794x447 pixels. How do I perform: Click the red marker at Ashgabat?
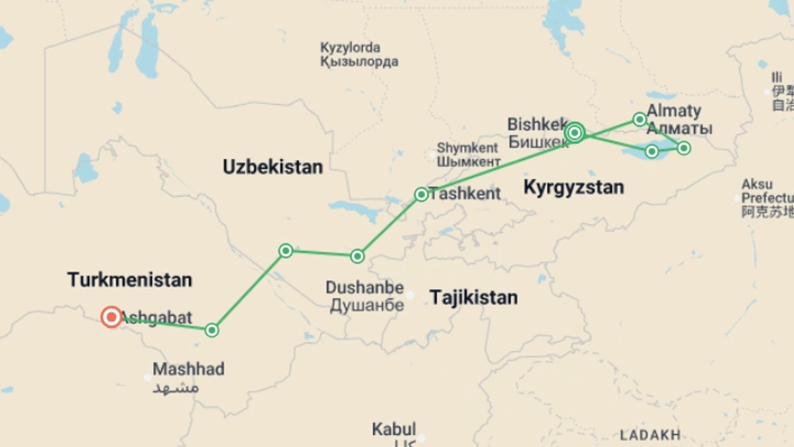tap(111, 317)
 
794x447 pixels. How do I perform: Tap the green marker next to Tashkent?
tap(421, 195)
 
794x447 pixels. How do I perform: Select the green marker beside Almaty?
tap(640, 120)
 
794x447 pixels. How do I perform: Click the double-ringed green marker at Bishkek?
tap(575, 133)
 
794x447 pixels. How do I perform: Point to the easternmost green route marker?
tap(684, 148)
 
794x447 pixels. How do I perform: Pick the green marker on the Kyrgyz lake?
tap(652, 151)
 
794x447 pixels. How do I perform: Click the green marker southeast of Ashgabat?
tap(212, 330)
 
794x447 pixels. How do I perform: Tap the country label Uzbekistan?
tap(273, 167)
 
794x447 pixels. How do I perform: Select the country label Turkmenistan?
tap(130, 280)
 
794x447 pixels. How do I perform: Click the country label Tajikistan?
tap(474, 298)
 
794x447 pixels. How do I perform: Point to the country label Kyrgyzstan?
tap(574, 187)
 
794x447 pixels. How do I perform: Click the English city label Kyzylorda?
tap(350, 48)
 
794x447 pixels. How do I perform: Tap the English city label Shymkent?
tap(467, 148)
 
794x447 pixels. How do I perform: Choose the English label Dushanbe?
tap(364, 288)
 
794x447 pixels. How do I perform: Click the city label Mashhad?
tap(189, 369)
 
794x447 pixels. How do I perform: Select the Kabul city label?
tap(394, 429)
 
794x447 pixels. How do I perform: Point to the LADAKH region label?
tap(650, 435)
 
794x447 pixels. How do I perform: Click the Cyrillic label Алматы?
tap(679, 128)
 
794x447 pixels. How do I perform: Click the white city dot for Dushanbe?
tap(410, 295)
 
